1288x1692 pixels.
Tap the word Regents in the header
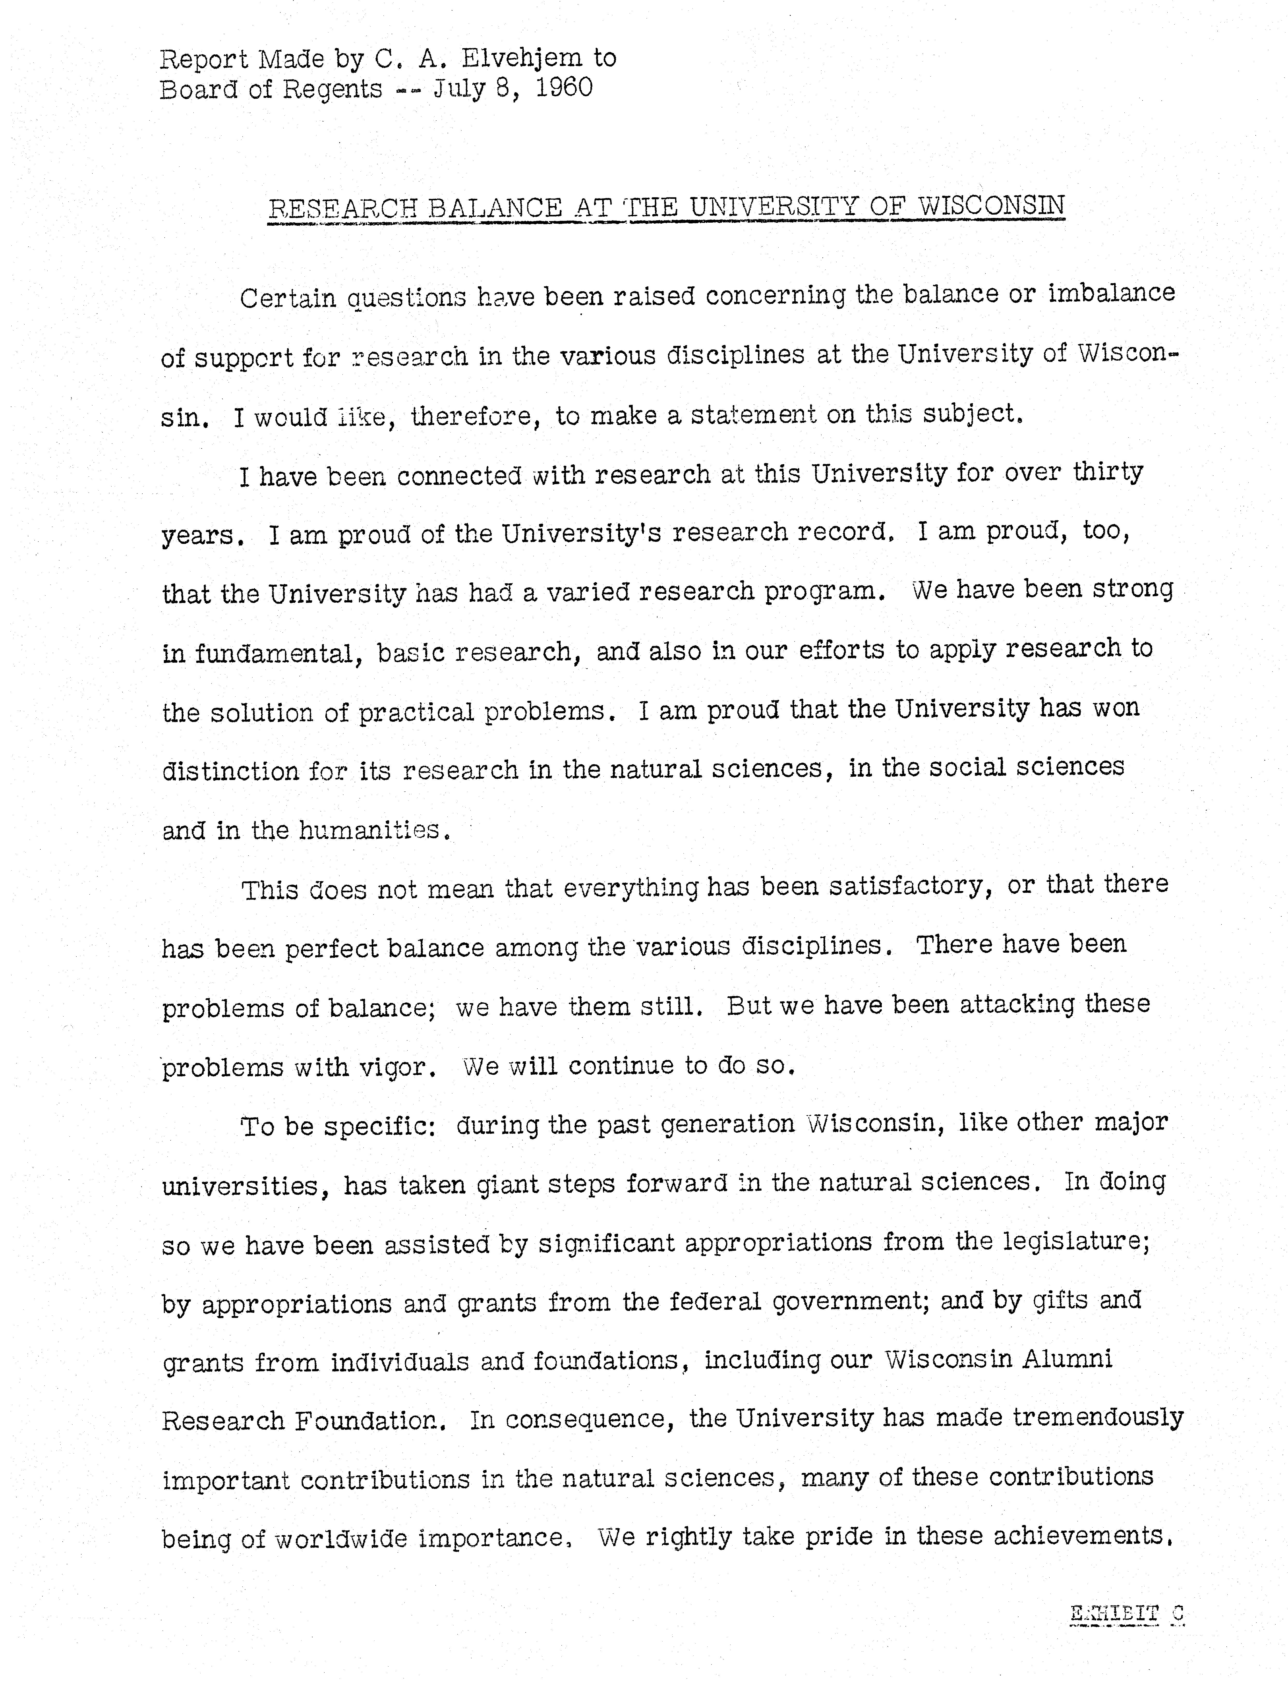click(332, 90)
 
